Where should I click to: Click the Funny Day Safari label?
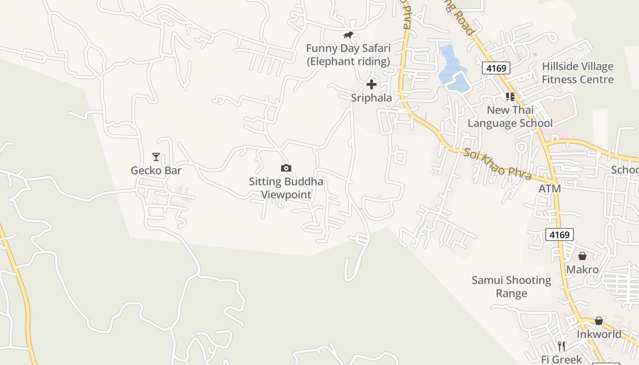pyautogui.click(x=348, y=54)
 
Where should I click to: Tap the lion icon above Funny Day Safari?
pyautogui.click(x=348, y=35)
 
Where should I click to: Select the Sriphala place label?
pyautogui.click(x=371, y=98)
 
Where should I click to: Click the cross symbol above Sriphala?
pyautogui.click(x=372, y=84)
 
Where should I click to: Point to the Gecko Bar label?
pyautogui.click(x=156, y=171)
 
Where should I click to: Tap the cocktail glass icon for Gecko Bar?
pyautogui.click(x=156, y=157)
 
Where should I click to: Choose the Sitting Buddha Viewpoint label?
pyautogui.click(x=286, y=188)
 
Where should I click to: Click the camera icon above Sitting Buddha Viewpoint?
pyautogui.click(x=286, y=168)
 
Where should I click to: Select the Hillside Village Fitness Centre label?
pyautogui.click(x=577, y=73)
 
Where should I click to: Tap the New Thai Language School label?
pyautogui.click(x=510, y=116)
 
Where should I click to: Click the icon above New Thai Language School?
pyautogui.click(x=510, y=97)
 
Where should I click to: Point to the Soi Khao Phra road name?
pyautogui.click(x=498, y=164)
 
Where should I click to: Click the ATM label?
pyautogui.click(x=550, y=188)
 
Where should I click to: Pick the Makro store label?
pyautogui.click(x=582, y=270)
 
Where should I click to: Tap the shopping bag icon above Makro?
pyautogui.click(x=582, y=256)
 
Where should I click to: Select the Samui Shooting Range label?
pyautogui.click(x=511, y=287)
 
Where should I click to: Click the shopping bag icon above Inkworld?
pyautogui.click(x=599, y=321)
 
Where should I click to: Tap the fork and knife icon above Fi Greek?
pyautogui.click(x=561, y=346)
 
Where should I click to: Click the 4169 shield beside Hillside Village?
pyautogui.click(x=496, y=68)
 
